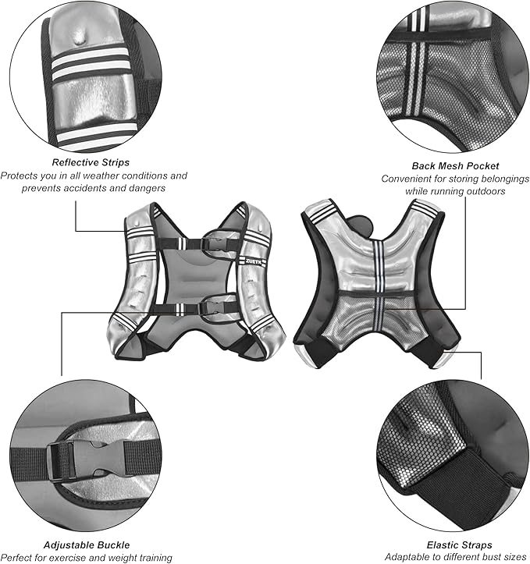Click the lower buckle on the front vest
[209, 307]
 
